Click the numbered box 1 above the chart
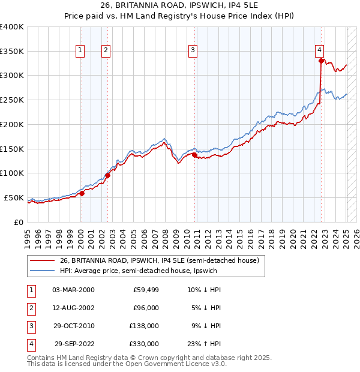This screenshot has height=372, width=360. tap(80, 51)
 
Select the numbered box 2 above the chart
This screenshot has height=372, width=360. tap(106, 51)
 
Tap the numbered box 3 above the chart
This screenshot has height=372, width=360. tap(193, 51)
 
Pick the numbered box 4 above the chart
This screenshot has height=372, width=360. tap(319, 51)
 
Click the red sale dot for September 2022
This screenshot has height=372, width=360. tap(321, 61)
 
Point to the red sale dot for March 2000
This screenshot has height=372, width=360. tap(82, 193)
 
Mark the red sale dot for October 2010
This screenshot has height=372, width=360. tap(195, 155)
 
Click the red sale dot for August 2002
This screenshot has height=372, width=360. tap(108, 175)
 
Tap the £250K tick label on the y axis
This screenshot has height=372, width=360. tap(12, 100)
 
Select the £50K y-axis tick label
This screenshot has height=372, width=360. tap(14, 197)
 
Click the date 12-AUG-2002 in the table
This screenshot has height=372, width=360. tap(73, 308)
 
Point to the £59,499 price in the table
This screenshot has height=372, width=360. tap(145, 290)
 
